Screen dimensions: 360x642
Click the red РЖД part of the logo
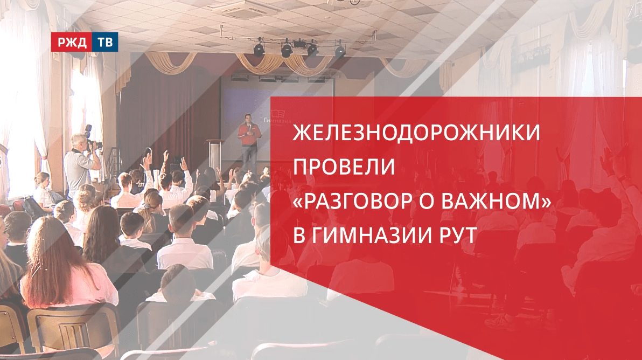click(71, 43)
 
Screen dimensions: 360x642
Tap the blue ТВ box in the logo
click(104, 43)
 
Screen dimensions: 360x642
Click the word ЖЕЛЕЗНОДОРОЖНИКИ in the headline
click(415, 134)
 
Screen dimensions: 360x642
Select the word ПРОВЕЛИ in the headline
click(344, 168)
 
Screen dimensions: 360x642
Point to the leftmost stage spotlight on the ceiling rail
click(259, 49)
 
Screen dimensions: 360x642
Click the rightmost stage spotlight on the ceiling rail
click(340, 51)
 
